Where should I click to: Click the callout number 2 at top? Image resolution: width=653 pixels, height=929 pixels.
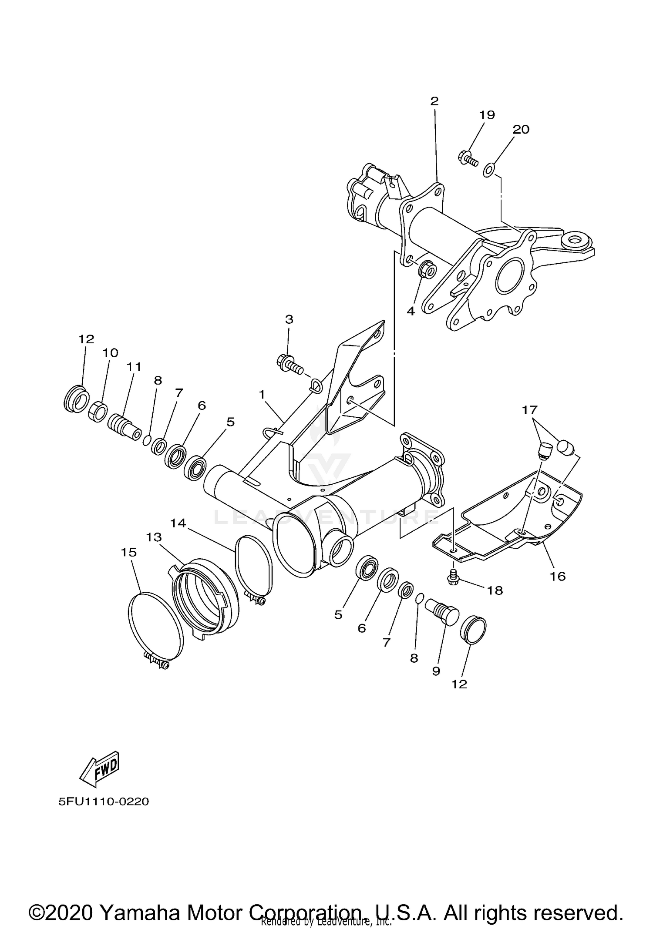coord(434,101)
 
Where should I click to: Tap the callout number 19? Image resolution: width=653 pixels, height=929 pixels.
coord(487,115)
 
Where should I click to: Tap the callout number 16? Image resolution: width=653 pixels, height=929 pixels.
coord(558,577)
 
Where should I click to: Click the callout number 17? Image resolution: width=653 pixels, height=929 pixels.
coord(530,409)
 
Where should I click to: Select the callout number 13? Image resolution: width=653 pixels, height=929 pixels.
coord(154,537)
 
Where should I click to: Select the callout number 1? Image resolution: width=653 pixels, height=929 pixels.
coord(262,394)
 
